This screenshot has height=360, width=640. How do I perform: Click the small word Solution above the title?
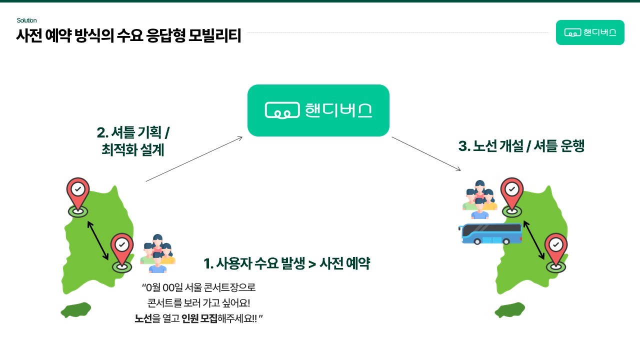26,20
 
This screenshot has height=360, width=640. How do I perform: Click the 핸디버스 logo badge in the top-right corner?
590,32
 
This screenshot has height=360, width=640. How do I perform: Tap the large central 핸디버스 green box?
318,110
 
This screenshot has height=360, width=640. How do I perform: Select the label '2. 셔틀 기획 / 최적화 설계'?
133,141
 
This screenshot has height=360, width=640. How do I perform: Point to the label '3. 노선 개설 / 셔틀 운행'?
521,146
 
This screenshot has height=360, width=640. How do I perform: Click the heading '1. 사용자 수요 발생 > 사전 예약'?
286,263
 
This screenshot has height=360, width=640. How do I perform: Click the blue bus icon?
490,233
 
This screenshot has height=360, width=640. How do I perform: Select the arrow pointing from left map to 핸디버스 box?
194,159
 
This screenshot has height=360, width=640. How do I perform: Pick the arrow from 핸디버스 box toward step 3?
426,153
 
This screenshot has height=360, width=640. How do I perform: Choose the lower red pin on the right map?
555,249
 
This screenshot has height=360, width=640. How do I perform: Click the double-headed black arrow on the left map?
98,240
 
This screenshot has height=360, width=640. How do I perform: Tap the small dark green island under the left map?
76,310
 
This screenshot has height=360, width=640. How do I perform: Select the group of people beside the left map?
157,253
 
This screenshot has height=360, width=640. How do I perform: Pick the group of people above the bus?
480,198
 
